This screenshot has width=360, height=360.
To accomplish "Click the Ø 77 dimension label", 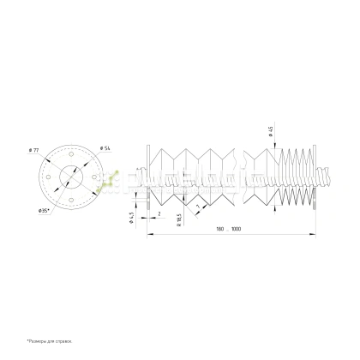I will (35, 151).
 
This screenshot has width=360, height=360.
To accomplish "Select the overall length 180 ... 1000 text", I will (229, 229).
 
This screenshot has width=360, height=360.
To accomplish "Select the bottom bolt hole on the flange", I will (72, 195).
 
